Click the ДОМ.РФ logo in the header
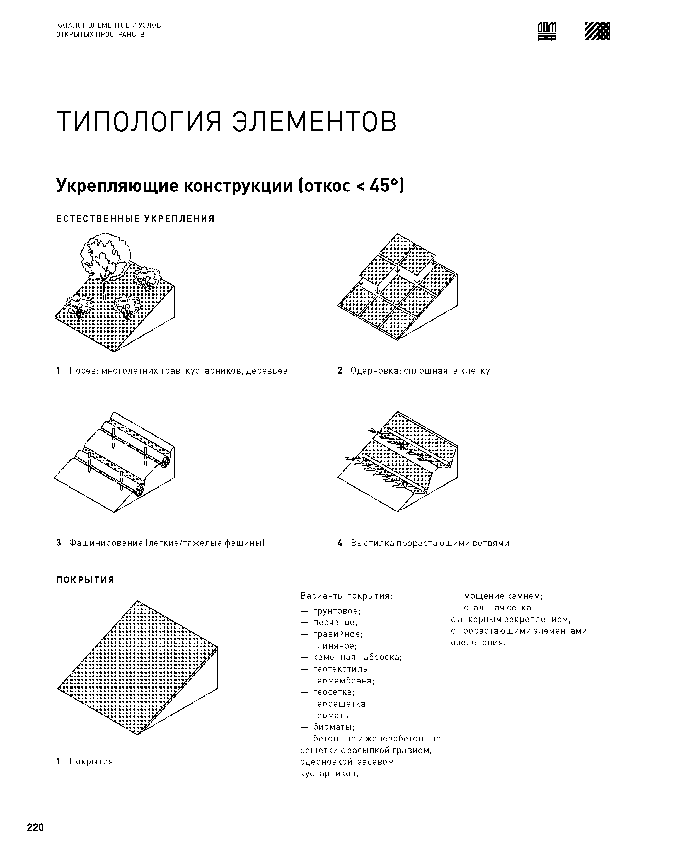point(547,31)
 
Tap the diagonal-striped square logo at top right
point(597,31)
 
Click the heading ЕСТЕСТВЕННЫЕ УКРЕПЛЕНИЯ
point(136,219)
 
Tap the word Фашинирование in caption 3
point(106,543)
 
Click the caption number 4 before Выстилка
point(340,543)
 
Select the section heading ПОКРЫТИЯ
point(85,580)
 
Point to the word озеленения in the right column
point(478,643)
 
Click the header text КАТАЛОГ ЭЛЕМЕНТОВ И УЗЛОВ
point(109,25)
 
